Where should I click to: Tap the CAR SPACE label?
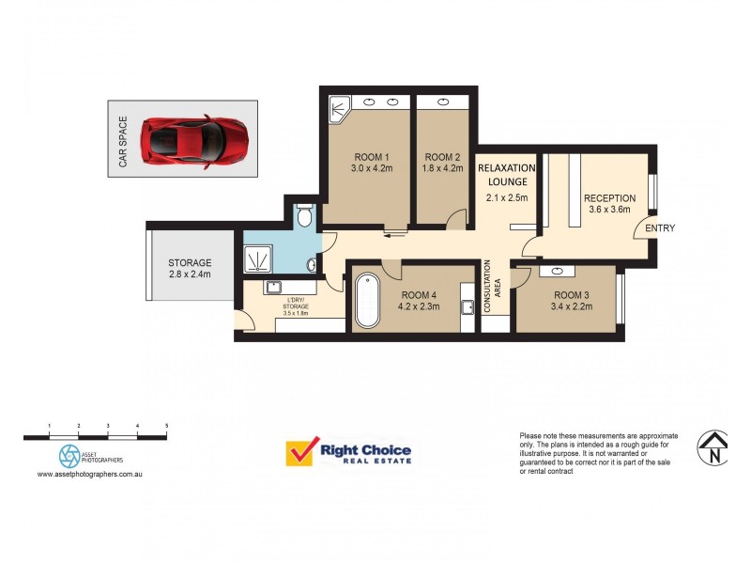point(122,142)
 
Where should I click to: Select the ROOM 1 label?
point(372,157)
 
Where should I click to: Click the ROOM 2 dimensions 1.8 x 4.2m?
point(443,169)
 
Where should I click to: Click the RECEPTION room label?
point(609,198)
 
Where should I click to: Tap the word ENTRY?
point(660,228)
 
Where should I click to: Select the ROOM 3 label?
point(571,295)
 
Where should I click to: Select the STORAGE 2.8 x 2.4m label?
point(190,268)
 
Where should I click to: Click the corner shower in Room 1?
point(338,110)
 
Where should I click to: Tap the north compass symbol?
point(714,446)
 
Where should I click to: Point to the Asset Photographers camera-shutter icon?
point(70,456)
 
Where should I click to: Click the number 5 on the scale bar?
point(167,427)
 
